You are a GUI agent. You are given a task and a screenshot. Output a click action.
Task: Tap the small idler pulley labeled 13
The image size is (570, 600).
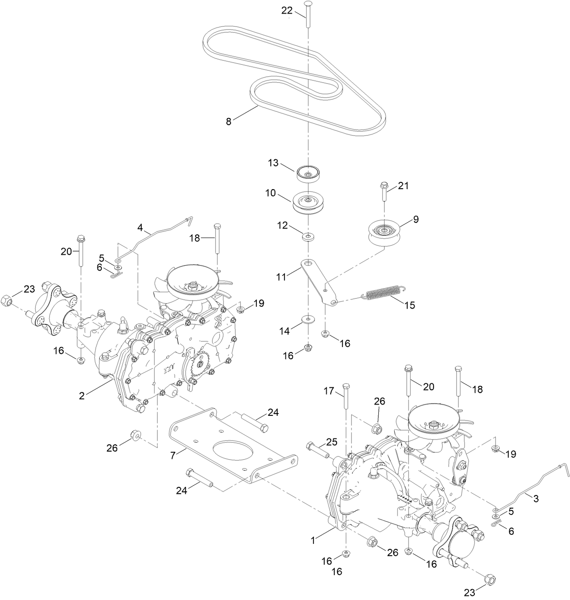(308, 174)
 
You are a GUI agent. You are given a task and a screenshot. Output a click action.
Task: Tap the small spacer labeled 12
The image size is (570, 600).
(308, 236)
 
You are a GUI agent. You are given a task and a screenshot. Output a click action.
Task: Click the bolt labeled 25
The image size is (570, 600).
(318, 449)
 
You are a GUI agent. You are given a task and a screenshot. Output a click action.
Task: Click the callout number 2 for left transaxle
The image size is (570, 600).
(82, 395)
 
